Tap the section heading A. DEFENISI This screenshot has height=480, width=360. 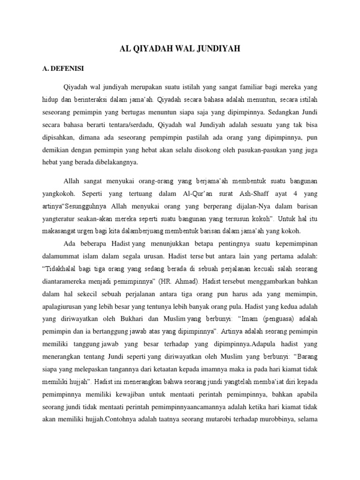pyautogui.click(x=63, y=68)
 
